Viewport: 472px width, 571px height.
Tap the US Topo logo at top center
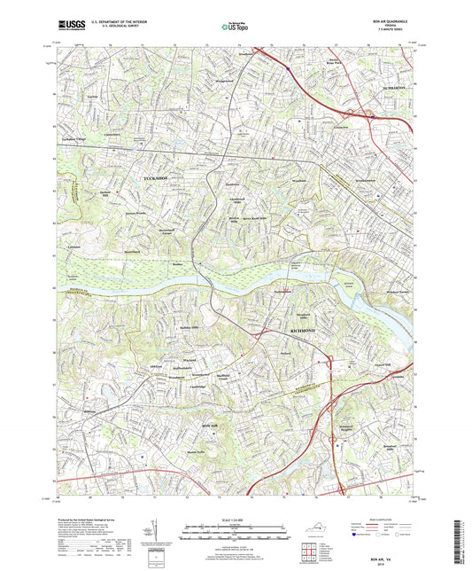pyautogui.click(x=236, y=27)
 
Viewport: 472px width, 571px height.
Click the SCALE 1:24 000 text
pyautogui.click(x=236, y=517)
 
